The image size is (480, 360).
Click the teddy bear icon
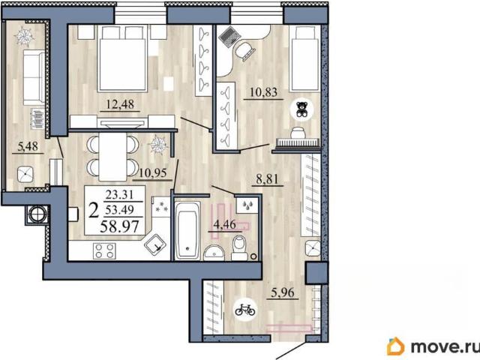[302, 109]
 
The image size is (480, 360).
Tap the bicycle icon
[245, 310]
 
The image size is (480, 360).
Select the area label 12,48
[120, 104]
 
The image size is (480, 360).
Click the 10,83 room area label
[263, 91]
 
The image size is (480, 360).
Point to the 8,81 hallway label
[267, 178]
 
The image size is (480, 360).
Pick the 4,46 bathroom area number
[225, 224]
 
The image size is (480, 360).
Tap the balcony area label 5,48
[28, 146]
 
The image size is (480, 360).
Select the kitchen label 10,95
[153, 173]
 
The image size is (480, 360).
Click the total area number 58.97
[120, 226]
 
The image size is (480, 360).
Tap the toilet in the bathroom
[241, 247]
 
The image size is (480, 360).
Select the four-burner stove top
[105, 250]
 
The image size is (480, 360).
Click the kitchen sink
[155, 245]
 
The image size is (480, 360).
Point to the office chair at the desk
[245, 50]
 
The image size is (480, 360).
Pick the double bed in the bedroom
[122, 58]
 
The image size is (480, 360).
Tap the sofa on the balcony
[34, 78]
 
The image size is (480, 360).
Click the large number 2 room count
[94, 210]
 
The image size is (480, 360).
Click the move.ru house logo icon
[395, 346]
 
